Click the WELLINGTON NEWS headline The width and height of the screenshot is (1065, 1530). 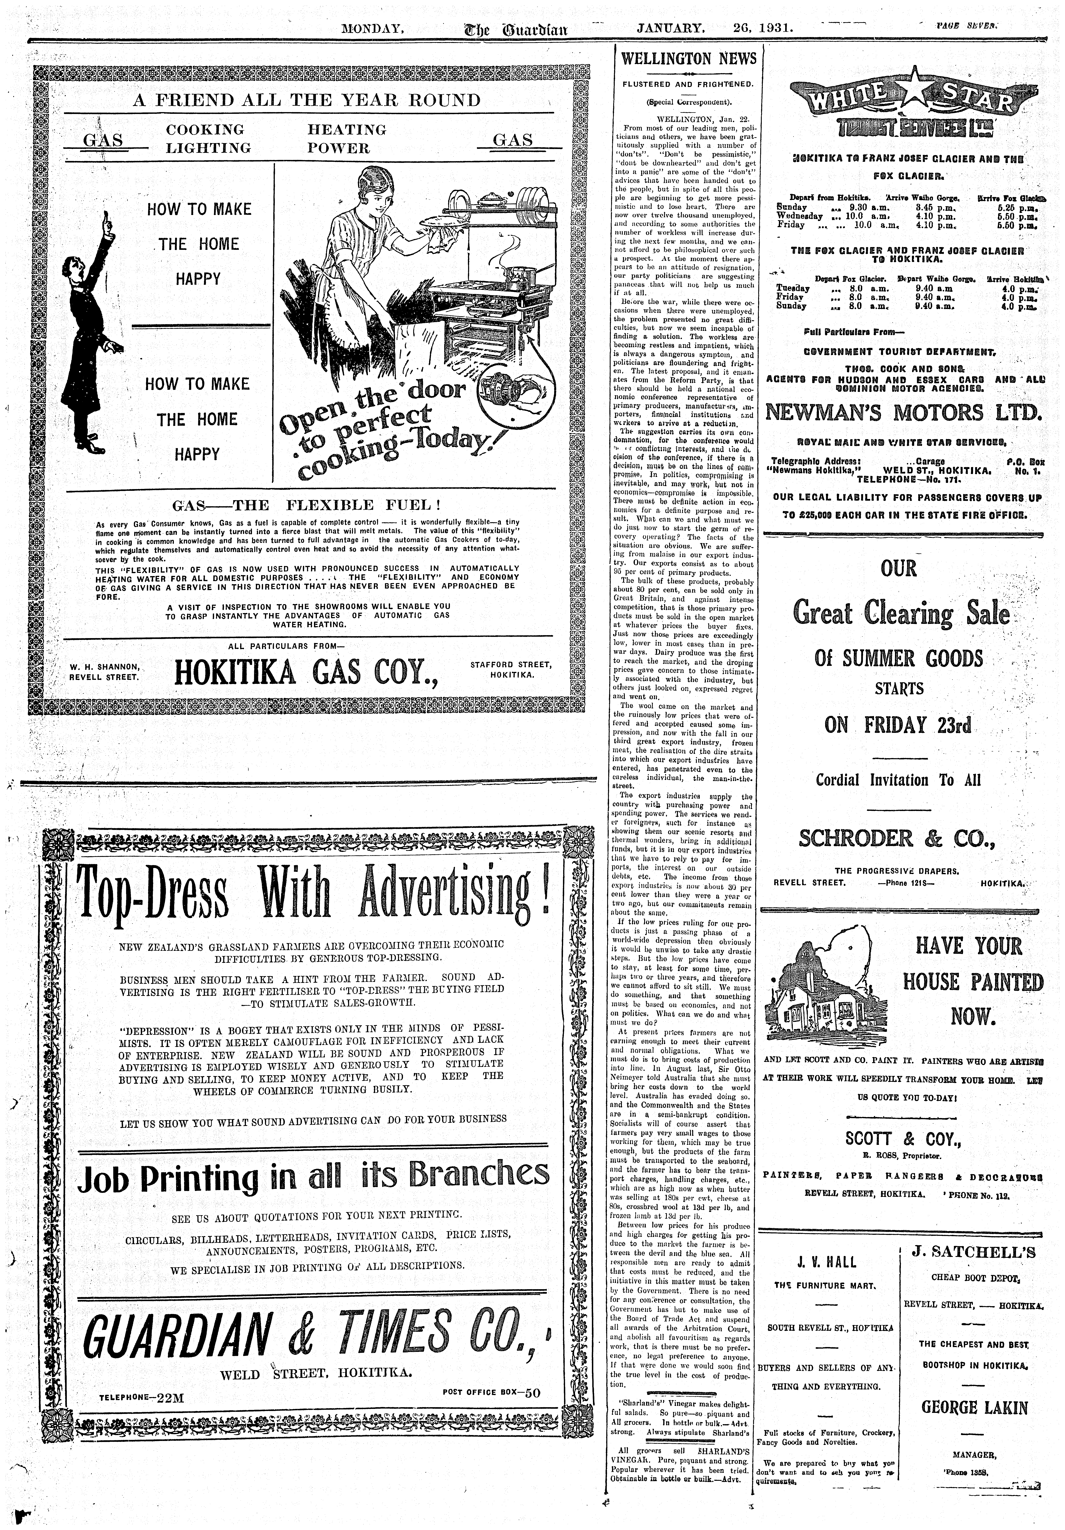tap(689, 59)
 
